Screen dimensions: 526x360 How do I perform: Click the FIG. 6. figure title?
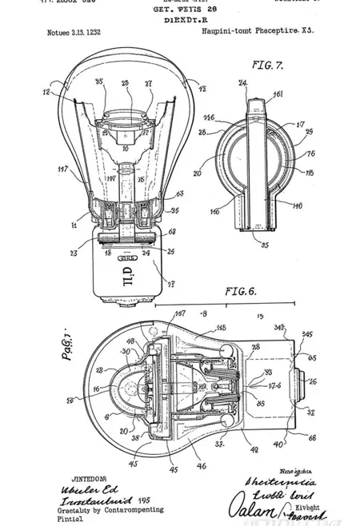point(242,291)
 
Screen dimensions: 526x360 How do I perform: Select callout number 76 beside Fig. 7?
point(310,154)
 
